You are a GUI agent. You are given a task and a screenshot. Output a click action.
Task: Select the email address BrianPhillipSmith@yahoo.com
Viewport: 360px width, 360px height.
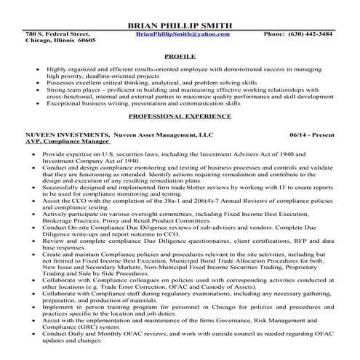point(183,33)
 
